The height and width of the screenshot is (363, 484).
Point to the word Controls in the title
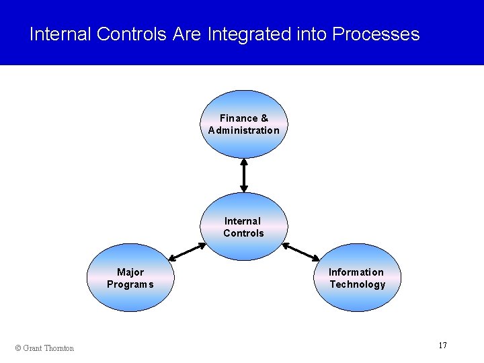click(131, 34)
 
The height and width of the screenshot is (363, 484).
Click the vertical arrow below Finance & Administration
click(243, 175)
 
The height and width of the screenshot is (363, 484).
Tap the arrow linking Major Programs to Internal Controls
click(187, 252)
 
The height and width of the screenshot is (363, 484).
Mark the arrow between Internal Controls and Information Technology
click(301, 252)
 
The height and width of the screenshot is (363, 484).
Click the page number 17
click(442, 346)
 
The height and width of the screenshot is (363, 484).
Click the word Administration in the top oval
click(243, 130)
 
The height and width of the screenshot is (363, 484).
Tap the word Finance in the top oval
click(235, 118)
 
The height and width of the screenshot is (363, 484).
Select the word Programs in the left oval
click(130, 284)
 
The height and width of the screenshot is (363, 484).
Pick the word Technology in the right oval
click(357, 284)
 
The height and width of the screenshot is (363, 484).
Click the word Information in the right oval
click(356, 272)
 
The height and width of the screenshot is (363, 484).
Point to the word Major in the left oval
click(130, 272)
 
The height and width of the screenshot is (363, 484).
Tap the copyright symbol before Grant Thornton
click(18, 348)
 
